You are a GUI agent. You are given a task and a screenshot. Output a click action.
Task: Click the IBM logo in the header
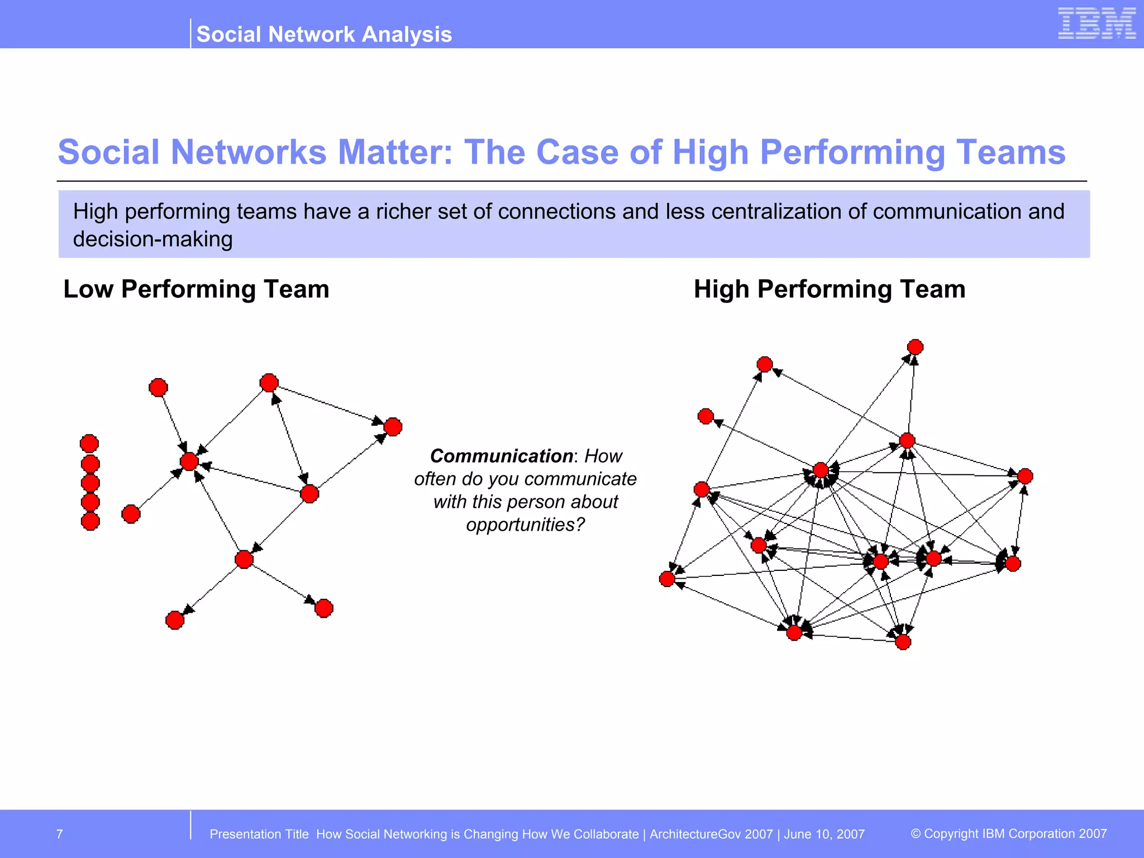1096,23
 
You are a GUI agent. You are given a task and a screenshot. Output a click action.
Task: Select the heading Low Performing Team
196,289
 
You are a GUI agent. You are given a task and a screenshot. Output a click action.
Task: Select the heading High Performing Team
829,289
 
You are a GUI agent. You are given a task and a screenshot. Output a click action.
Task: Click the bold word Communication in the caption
501,456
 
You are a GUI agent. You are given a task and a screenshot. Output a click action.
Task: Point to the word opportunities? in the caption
525,525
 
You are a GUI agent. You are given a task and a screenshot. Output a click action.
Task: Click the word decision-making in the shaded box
152,239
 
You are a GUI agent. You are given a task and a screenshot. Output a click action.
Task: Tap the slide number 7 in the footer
60,834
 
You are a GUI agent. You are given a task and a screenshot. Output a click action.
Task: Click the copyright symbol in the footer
916,833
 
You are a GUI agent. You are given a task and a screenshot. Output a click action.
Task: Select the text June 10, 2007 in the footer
824,834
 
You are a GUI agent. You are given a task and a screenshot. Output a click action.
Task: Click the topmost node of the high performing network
915,347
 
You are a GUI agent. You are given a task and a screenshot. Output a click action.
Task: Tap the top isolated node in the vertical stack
89,444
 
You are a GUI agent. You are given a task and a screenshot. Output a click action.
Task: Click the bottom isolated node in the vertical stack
90,521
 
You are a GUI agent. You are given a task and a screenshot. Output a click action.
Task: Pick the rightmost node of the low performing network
393,427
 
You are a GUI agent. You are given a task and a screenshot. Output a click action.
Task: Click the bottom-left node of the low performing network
175,620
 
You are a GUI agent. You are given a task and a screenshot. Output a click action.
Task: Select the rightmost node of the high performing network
1025,476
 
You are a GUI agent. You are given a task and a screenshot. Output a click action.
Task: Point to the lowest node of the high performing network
903,642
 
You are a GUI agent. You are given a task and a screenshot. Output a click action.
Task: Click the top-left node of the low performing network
158,387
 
